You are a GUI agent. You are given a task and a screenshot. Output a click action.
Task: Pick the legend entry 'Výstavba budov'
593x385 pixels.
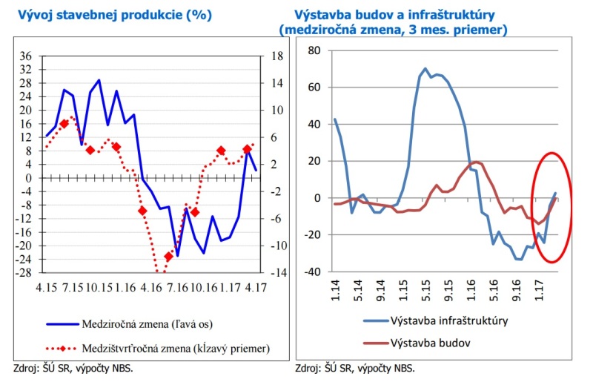pyautogui.click(x=420, y=343)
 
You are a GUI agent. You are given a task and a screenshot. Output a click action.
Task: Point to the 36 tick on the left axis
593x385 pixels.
pyautogui.click(x=25, y=56)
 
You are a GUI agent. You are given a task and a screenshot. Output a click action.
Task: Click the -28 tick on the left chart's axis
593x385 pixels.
pyautogui.click(x=24, y=273)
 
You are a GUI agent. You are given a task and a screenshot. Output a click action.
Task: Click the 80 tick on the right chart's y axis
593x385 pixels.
pyautogui.click(x=313, y=50)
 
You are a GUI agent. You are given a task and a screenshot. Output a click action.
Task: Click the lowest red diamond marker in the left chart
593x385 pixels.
pyautogui.click(x=168, y=257)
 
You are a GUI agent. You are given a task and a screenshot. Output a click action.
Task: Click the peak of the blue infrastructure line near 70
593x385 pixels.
pyautogui.click(x=425, y=68)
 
